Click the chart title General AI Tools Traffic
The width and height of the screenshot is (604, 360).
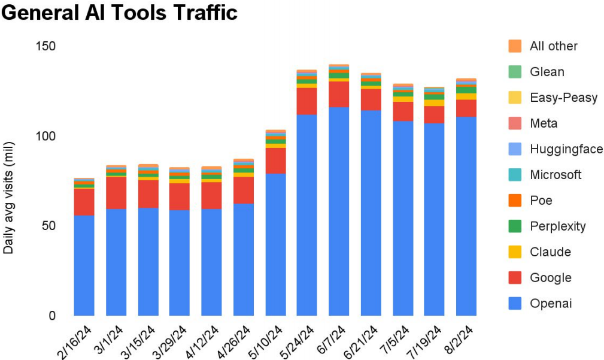coord(120,13)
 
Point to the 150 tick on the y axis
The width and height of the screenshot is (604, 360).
coord(44,46)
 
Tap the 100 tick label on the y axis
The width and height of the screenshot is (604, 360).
coord(44,136)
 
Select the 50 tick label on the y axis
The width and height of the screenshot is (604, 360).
coord(48,226)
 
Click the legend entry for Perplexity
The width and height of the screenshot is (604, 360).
coord(557,226)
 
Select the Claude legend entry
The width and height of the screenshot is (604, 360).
coord(550,252)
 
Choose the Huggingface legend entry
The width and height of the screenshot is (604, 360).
coord(566,149)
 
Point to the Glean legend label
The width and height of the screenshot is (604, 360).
coord(547,72)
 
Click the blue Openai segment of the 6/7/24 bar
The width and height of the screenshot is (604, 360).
coord(339,210)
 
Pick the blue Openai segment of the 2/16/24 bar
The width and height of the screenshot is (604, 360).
coord(84,264)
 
